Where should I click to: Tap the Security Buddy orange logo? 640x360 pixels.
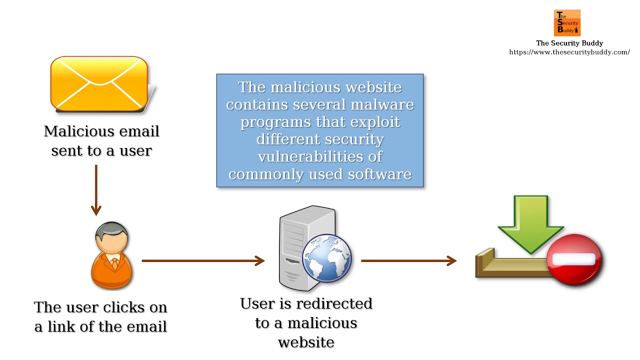pyautogui.click(x=567, y=23)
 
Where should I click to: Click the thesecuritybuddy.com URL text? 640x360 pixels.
pyautogui.click(x=569, y=52)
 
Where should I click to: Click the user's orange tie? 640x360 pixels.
pyautogui.click(x=114, y=263)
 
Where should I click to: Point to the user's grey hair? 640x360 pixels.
pyautogui.click(x=109, y=230)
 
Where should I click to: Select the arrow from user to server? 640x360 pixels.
pyautogui.click(x=202, y=260)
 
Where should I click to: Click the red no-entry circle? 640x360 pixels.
pyautogui.click(x=575, y=259)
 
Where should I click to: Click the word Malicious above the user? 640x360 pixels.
pyautogui.click(x=73, y=131)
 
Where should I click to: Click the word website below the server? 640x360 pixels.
pyautogui.click(x=306, y=342)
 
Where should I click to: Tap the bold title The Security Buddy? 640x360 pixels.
pyautogui.click(x=569, y=43)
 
